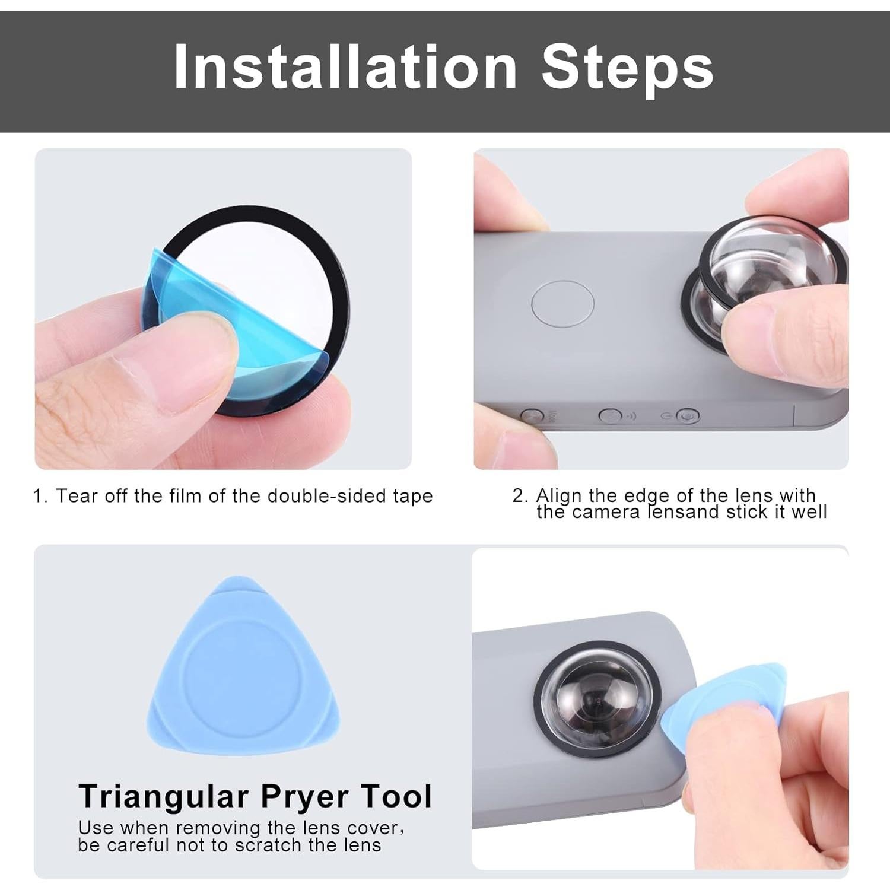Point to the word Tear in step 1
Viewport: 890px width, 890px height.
tap(76, 496)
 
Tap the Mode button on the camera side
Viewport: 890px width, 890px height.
tap(532, 415)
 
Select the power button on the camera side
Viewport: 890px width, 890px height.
tap(687, 416)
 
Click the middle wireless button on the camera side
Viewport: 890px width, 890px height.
tap(609, 415)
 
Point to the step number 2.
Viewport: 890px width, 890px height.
tap(519, 496)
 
